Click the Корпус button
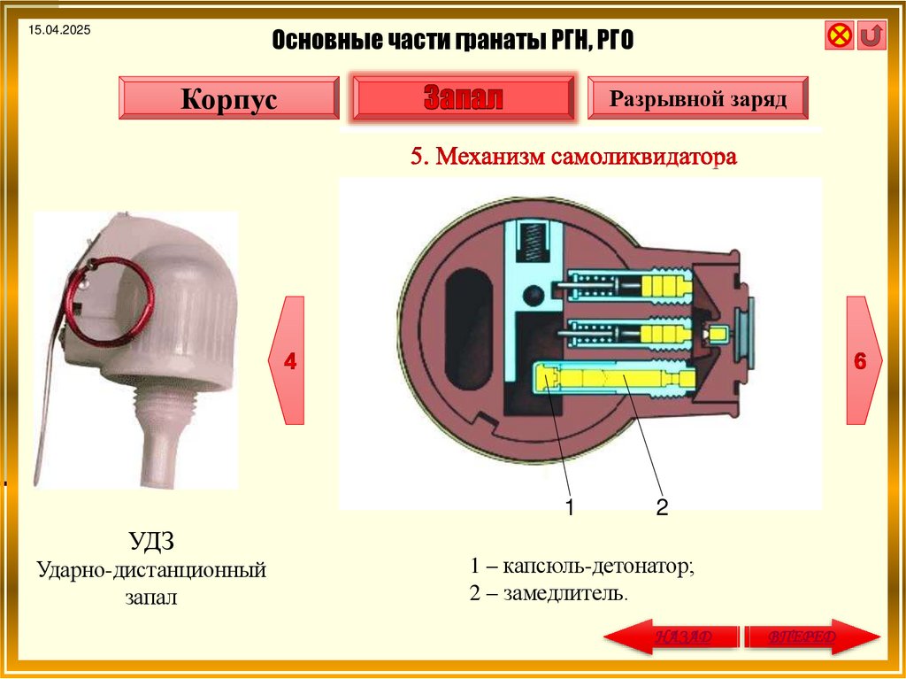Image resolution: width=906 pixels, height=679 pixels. [x=228, y=97]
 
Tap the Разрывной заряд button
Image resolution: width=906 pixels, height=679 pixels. [x=698, y=97]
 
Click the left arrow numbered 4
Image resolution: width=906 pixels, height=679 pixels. [x=288, y=360]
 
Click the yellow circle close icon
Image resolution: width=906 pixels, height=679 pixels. [x=839, y=35]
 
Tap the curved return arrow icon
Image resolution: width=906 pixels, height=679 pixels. [x=871, y=35]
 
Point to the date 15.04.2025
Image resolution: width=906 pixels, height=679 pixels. [x=59, y=31]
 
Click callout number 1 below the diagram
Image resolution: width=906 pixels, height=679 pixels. [x=571, y=508]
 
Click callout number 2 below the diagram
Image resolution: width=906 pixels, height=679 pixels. [x=662, y=508]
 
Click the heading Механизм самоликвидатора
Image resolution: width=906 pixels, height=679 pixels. [x=586, y=158]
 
